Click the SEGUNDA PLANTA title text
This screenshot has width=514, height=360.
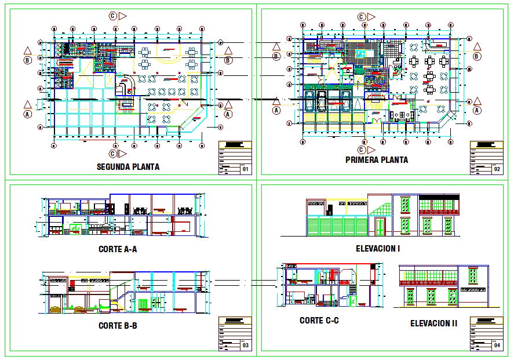click(x=128, y=167)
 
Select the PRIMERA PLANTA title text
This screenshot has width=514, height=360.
click(x=376, y=159)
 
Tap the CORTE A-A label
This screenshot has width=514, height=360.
click(x=118, y=250)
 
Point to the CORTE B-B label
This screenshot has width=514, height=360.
click(x=118, y=326)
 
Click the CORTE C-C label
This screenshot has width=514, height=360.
click(x=319, y=320)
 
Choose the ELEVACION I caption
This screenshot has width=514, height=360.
click(x=378, y=249)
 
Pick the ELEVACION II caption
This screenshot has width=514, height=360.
click(x=433, y=323)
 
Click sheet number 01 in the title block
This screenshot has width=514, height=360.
click(x=245, y=170)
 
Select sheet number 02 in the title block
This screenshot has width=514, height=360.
click(x=497, y=170)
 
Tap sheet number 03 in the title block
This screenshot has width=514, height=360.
click(x=245, y=346)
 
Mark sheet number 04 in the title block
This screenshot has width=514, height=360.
click(x=497, y=346)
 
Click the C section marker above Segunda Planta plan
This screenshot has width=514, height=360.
click(x=112, y=16)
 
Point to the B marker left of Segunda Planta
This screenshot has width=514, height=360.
click(x=27, y=59)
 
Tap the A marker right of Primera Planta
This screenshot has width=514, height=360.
click(x=477, y=109)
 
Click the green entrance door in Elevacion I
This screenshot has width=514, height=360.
click(x=380, y=227)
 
